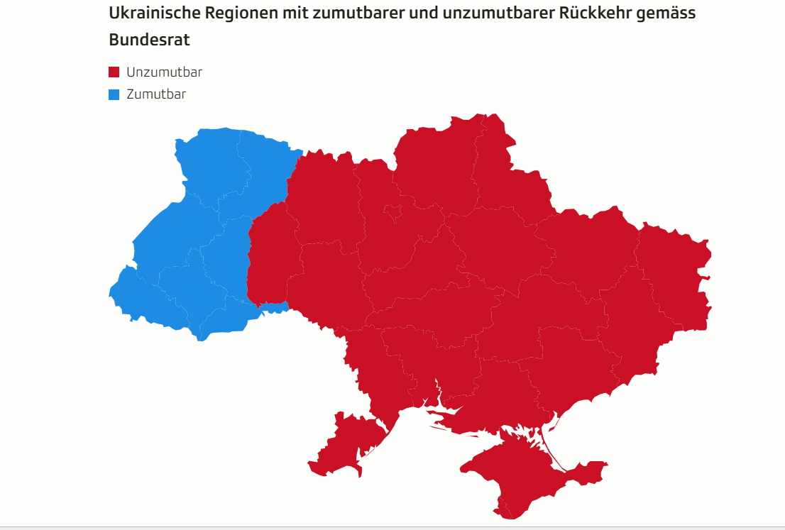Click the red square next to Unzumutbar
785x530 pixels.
click(114, 72)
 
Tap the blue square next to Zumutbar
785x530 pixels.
click(114, 94)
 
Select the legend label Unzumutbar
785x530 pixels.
click(164, 72)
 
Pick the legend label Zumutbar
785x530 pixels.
click(156, 94)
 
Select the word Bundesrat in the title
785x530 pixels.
click(149, 40)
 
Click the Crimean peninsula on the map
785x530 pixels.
click(518, 475)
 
